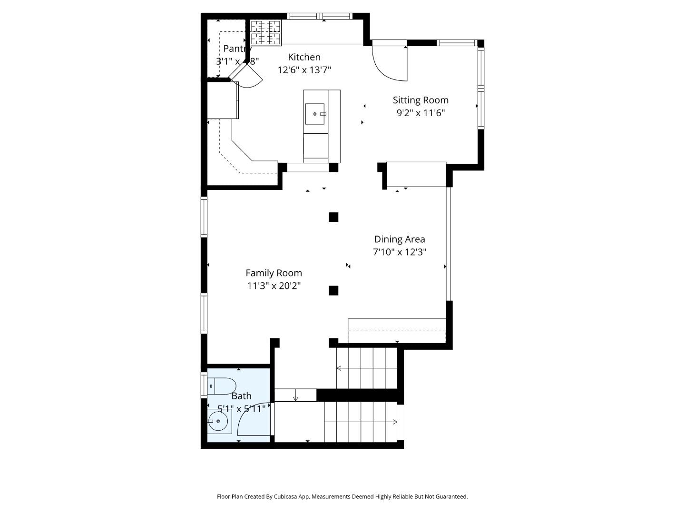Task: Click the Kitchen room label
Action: [x=304, y=57]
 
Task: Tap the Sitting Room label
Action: [x=421, y=100]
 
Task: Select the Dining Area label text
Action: [x=400, y=239]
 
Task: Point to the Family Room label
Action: [x=274, y=273]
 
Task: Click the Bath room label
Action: [x=241, y=396]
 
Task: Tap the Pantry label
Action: [x=237, y=49]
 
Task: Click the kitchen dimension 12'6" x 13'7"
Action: [x=304, y=70]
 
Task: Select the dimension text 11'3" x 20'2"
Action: [x=274, y=286]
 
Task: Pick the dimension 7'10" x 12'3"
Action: [x=400, y=252]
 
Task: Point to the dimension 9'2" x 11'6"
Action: [x=421, y=113]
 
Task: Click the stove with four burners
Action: [x=265, y=32]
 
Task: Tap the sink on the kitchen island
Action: [x=315, y=114]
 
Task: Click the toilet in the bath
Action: [x=222, y=386]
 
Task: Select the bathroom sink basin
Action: [x=218, y=421]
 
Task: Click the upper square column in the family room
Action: [x=333, y=217]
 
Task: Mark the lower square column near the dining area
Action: [x=333, y=290]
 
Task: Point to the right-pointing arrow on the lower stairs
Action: [x=394, y=422]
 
